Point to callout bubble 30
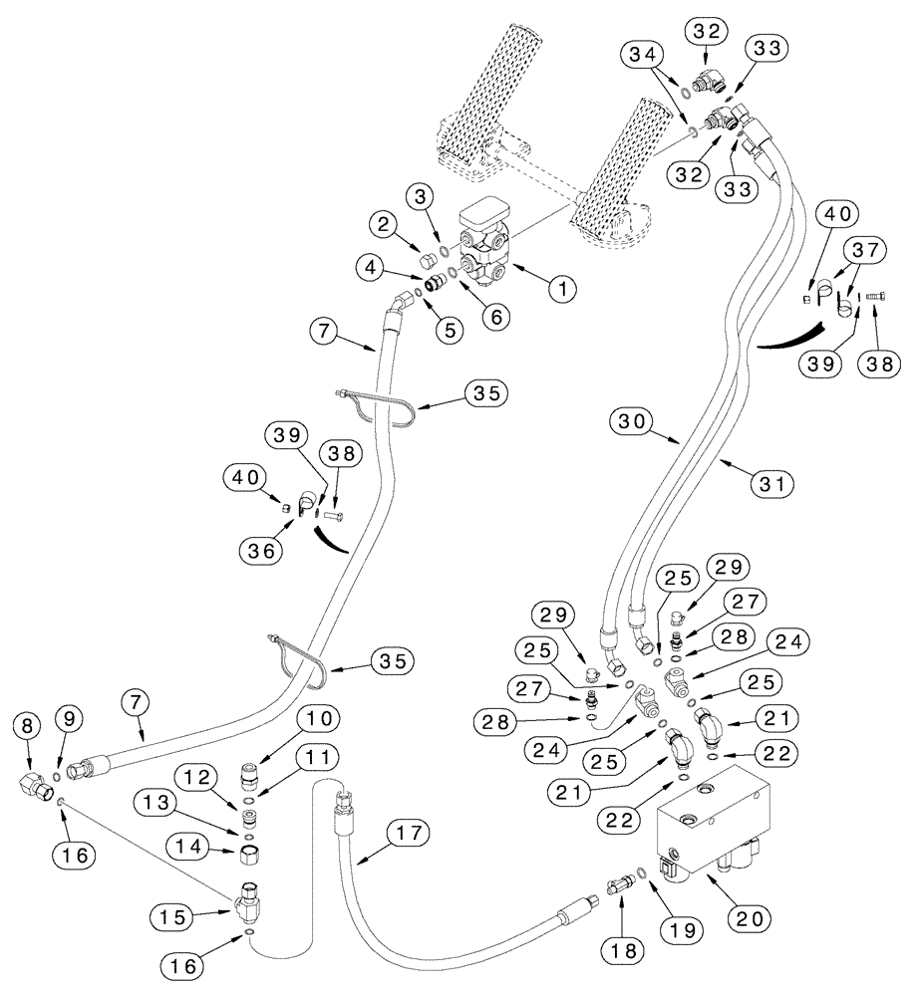point(633,423)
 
